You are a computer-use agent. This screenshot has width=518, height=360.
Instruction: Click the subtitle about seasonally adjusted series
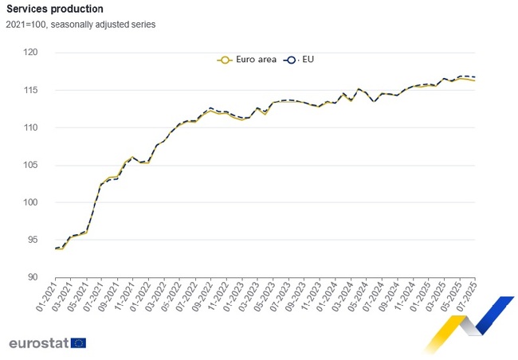[80, 24]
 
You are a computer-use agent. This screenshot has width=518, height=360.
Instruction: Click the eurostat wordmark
[37, 343]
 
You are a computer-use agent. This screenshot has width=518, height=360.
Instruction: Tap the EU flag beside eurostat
[78, 343]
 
